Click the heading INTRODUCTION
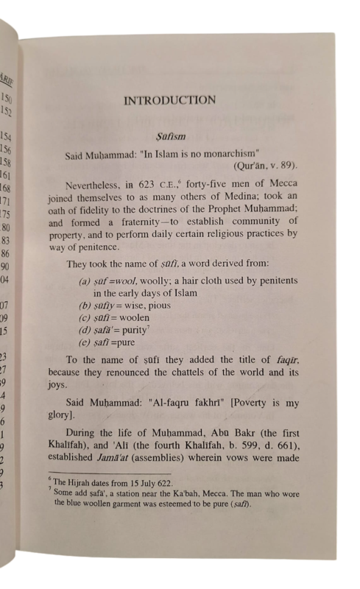click(169, 100)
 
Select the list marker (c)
click(85, 317)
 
